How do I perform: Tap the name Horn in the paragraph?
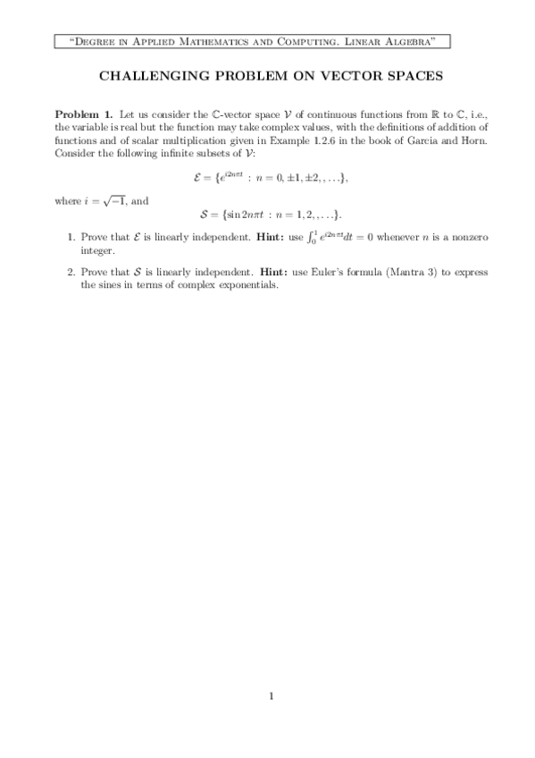(x=469, y=140)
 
